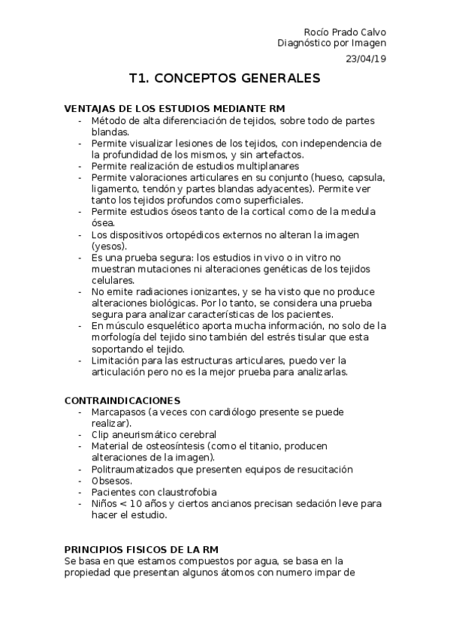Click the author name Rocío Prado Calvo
tap(344, 32)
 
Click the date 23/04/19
tap(366, 58)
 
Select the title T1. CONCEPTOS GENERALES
tap(225, 78)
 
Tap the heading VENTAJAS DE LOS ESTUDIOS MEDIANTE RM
tap(175, 109)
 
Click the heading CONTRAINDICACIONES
tap(122, 400)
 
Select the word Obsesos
tap(111, 481)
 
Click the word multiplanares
tap(267, 166)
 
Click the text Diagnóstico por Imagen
tap(331, 44)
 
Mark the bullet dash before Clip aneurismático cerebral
tap(80, 435)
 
